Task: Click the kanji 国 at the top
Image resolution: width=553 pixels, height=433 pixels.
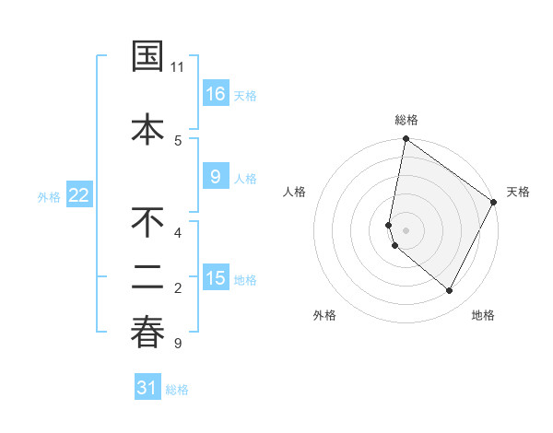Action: pos(148,57)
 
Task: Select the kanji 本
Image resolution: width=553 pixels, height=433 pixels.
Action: pos(148,127)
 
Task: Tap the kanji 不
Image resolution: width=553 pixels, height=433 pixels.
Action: pos(148,224)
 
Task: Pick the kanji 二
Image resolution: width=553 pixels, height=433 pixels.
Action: pos(148,276)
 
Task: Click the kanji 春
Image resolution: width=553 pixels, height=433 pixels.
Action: pos(148,332)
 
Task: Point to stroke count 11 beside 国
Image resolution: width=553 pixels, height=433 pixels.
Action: pos(178,67)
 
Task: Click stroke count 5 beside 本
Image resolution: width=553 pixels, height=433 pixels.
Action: pos(178,140)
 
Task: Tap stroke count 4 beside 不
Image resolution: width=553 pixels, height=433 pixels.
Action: pos(178,232)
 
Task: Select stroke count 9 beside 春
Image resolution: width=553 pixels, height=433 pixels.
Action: pos(178,344)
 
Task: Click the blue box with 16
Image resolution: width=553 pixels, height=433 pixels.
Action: pos(215,93)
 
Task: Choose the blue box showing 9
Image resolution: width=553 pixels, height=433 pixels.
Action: pos(215,177)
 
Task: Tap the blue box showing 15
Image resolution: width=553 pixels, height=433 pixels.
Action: pos(215,278)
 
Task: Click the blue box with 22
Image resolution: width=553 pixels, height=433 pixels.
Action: pos(79,194)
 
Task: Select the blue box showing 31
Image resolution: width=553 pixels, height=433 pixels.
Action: pos(147,388)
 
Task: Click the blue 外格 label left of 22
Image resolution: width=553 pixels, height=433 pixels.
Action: pos(49,196)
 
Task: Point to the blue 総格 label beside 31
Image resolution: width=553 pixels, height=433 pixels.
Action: pos(177,390)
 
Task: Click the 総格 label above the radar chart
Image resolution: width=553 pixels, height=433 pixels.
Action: pos(406,120)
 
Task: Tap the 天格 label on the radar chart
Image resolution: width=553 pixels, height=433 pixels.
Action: pos(518,192)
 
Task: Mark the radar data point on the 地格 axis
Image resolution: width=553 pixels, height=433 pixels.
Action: pos(450,291)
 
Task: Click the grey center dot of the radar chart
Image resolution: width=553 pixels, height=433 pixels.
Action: pos(406,229)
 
